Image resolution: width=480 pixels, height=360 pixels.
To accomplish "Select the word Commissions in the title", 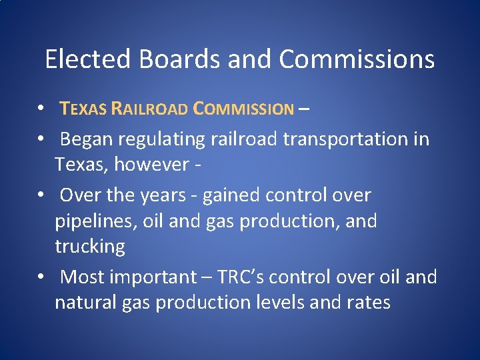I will (357, 59).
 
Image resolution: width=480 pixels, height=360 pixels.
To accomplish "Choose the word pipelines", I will (95, 221).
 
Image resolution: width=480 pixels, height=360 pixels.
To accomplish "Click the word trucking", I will (90, 247).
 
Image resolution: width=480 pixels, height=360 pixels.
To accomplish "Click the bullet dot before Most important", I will (41, 277).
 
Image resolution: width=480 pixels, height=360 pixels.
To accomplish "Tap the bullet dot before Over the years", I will (41, 195).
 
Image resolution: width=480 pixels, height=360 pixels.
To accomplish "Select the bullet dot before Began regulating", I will (41, 139).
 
